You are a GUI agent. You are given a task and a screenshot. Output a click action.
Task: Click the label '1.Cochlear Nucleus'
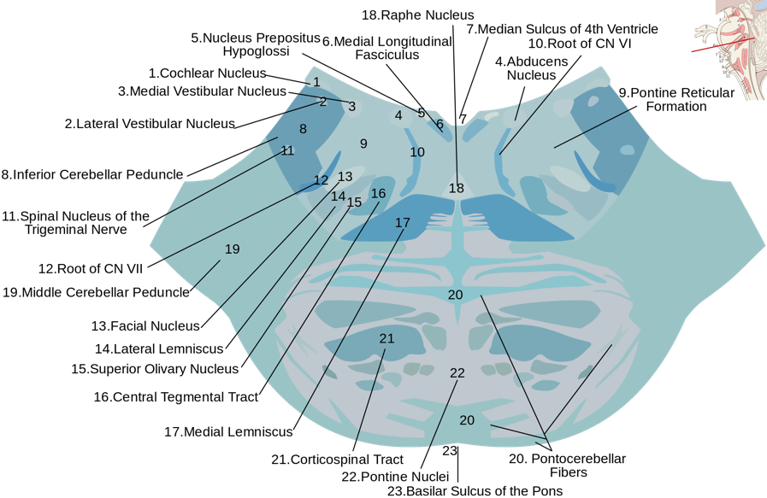pyautogui.click(x=207, y=73)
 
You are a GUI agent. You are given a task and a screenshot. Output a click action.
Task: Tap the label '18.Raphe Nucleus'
pyautogui.click(x=417, y=15)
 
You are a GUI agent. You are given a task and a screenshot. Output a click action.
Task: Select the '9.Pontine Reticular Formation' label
pyautogui.click(x=676, y=99)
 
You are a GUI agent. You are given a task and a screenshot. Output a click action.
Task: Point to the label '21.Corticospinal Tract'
pyautogui.click(x=337, y=460)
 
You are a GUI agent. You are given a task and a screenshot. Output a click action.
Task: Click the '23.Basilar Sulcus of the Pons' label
pyautogui.click(x=475, y=490)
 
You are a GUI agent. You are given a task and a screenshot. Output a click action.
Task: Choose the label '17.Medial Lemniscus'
pyautogui.click(x=228, y=431)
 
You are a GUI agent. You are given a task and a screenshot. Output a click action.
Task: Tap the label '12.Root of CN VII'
pyautogui.click(x=91, y=268)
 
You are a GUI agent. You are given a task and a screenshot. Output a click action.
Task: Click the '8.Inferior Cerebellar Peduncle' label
pyautogui.click(x=92, y=174)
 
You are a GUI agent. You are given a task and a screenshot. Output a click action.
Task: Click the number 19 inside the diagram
pyautogui.click(x=232, y=249)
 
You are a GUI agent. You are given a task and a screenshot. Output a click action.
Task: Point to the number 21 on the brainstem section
pyautogui.click(x=386, y=338)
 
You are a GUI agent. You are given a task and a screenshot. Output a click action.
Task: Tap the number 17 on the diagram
pyautogui.click(x=403, y=222)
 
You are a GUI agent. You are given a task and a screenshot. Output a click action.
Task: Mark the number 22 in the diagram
pyautogui.click(x=457, y=373)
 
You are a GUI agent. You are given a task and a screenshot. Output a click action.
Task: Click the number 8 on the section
pyautogui.click(x=303, y=129)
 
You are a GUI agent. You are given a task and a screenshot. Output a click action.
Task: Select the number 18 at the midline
pyautogui.click(x=457, y=188)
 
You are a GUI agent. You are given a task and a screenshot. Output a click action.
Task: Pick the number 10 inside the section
pyautogui.click(x=417, y=152)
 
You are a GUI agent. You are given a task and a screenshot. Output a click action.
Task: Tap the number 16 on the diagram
pyautogui.click(x=379, y=193)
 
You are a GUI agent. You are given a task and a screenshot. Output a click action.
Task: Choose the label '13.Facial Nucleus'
pyautogui.click(x=145, y=325)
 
